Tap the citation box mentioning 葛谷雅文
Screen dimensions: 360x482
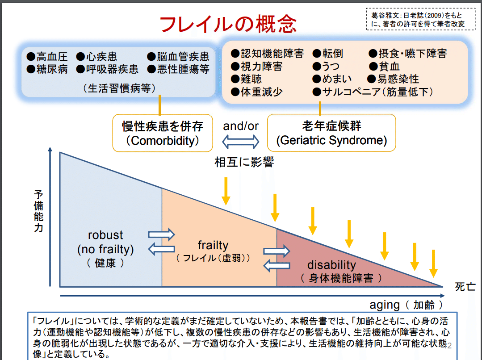[x=420, y=19]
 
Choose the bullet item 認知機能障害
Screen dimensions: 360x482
[x=267, y=54]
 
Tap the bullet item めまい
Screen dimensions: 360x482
[x=332, y=79]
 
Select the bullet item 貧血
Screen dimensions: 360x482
[x=384, y=67]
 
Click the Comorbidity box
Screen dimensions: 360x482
[x=162, y=133]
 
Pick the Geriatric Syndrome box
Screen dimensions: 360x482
[x=331, y=133]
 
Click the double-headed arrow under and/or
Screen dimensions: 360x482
[x=241, y=142]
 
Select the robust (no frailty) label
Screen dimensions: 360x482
[x=105, y=248]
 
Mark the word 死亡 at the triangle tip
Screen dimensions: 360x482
[x=465, y=286]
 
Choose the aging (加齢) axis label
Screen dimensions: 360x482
[x=407, y=305]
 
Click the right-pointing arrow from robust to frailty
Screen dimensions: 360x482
[x=161, y=234]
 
